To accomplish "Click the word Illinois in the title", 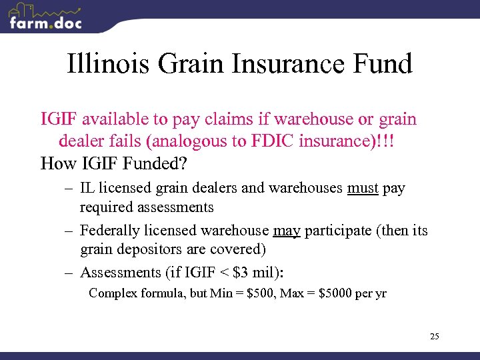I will (x=109, y=65).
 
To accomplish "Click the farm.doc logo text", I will (x=45, y=23).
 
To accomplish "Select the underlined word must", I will (x=363, y=188).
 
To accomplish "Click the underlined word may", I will (x=287, y=231).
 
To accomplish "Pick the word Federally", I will (x=110, y=231).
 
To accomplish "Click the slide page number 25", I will (x=434, y=336).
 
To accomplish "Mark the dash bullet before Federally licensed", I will (x=69, y=231).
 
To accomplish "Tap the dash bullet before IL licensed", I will (x=69, y=189).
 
